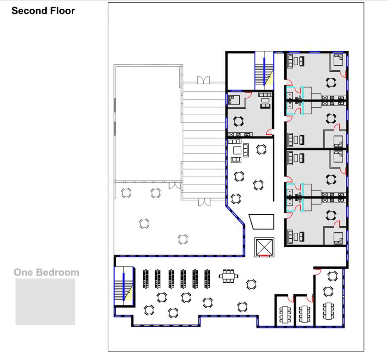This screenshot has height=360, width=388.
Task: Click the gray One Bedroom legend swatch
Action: click(45, 302)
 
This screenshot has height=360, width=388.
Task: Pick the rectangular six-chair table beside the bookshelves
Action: click(227, 276)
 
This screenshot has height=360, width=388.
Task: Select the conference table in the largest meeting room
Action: click(329, 311)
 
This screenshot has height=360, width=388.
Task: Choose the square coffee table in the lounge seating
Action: click(237, 150)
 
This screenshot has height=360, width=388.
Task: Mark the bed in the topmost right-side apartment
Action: click(338, 60)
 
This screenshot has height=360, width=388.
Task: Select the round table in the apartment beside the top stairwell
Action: click(238, 121)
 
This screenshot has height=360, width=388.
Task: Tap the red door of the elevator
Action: click(264, 254)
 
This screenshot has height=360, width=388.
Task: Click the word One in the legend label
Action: click(23, 272)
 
